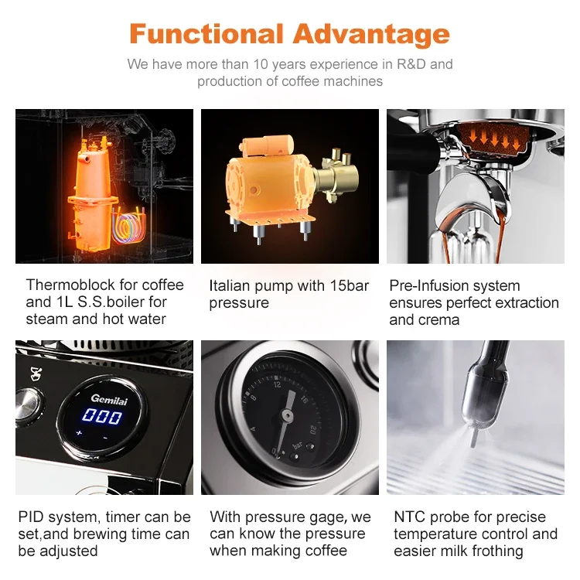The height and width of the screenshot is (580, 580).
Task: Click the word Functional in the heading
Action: (206, 34)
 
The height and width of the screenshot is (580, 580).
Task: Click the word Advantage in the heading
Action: (371, 34)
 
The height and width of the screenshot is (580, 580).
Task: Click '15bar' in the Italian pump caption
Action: (349, 286)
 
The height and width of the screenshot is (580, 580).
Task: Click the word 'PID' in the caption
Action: (32, 517)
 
